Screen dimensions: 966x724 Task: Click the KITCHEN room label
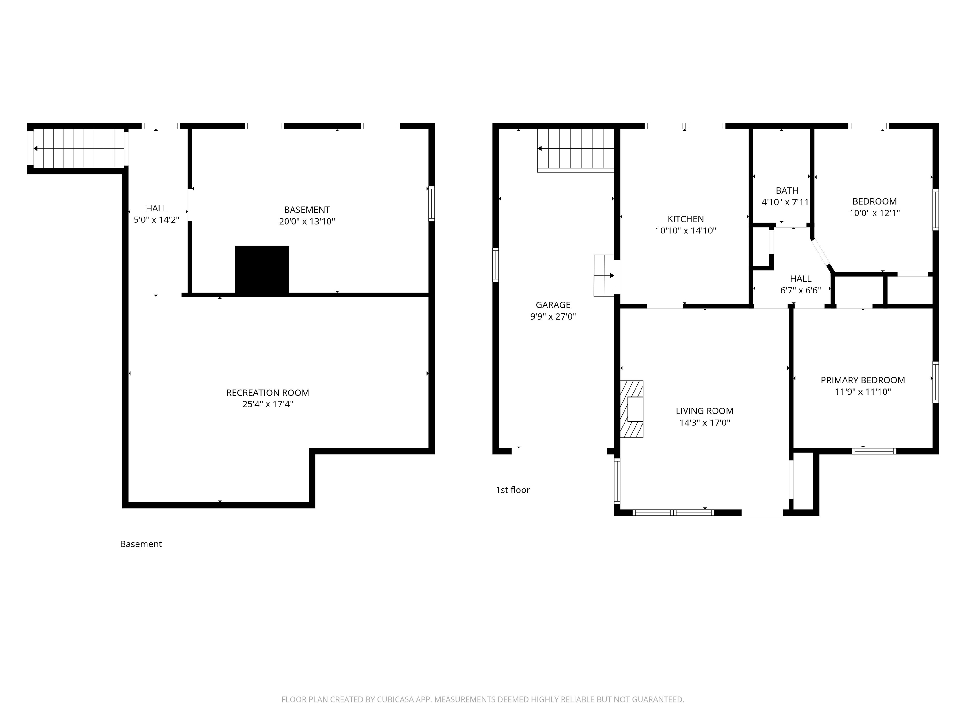tap(686, 219)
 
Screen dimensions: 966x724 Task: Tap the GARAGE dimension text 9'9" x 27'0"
tap(553, 316)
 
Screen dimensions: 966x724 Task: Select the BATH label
tap(787, 191)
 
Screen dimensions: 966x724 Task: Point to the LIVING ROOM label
tap(704, 411)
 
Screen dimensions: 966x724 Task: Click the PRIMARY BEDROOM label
tap(863, 380)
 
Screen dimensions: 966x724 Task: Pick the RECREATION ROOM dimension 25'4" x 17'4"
tap(268, 404)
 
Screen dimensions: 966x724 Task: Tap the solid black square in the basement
tap(262, 270)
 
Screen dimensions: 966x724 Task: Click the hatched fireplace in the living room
tap(631, 409)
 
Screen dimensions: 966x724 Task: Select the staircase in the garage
tap(575, 150)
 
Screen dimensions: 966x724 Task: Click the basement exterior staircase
tap(79, 148)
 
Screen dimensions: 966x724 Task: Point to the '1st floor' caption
tap(513, 490)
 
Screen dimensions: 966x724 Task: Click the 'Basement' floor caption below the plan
tap(141, 544)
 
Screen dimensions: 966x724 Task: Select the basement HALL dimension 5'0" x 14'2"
tap(156, 220)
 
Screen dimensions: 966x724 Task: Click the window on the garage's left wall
tap(496, 265)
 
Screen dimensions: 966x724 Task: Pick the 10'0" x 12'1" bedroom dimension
tap(874, 213)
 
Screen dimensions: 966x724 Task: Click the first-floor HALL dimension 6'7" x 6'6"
tap(801, 290)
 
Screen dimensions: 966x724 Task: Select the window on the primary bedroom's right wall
tap(935, 382)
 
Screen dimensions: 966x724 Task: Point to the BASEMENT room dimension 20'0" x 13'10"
tap(307, 221)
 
